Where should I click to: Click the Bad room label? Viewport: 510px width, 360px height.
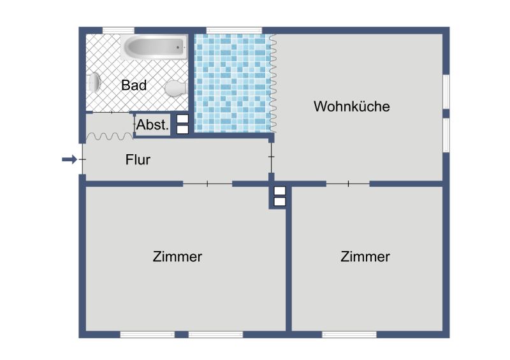click(134, 85)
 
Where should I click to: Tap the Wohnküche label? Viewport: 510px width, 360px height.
click(352, 106)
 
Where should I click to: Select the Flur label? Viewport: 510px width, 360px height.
click(138, 160)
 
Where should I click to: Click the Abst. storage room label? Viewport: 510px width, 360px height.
click(152, 124)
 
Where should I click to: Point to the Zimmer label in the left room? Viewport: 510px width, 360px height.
click(177, 257)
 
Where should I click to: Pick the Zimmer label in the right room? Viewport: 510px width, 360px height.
click(365, 257)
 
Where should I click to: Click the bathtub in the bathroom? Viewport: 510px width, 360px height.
click(154, 47)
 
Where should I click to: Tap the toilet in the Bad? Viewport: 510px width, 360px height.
click(176, 88)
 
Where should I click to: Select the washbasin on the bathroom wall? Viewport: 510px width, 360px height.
click(93, 82)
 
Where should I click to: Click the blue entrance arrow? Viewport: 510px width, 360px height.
click(69, 159)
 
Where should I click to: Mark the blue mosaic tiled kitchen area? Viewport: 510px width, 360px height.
click(233, 83)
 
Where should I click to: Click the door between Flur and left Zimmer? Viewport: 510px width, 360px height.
click(208, 184)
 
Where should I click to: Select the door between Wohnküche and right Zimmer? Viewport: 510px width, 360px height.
click(348, 184)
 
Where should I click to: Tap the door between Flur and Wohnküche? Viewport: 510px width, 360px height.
click(272, 157)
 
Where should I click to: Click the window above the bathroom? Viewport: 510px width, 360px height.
click(119, 31)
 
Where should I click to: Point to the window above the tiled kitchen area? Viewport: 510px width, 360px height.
click(234, 31)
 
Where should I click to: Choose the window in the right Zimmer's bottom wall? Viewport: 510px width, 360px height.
click(349, 335)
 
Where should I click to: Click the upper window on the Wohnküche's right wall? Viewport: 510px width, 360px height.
click(446, 92)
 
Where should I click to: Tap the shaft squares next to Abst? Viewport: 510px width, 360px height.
click(182, 124)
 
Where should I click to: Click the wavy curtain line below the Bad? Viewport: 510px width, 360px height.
click(109, 136)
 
